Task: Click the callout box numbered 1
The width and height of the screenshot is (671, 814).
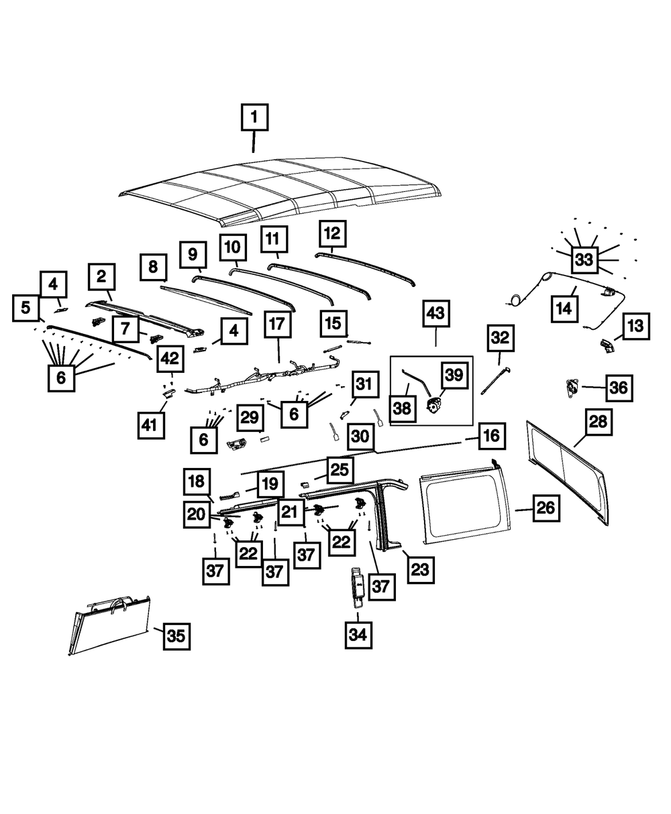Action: pos(254,118)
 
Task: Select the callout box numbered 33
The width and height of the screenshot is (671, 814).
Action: pos(584,259)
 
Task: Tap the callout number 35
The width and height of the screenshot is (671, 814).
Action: pos(176,636)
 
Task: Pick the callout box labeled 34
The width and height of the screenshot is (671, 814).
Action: pos(358,634)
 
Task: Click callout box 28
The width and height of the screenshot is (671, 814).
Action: pos(597,422)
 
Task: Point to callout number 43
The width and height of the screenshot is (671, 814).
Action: pos(435,313)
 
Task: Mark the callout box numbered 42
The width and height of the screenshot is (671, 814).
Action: pos(170,359)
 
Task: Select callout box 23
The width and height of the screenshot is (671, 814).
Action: pos(419,569)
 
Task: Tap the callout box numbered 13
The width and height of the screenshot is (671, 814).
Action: pos(636,327)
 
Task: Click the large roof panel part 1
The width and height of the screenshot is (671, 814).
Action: pos(282,191)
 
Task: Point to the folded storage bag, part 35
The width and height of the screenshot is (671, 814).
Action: pos(111,624)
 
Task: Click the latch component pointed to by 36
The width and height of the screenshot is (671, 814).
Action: pos(572,387)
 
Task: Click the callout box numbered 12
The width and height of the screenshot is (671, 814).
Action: pos(333,233)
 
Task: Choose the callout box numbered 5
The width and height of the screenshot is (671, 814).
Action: pos(25,308)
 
